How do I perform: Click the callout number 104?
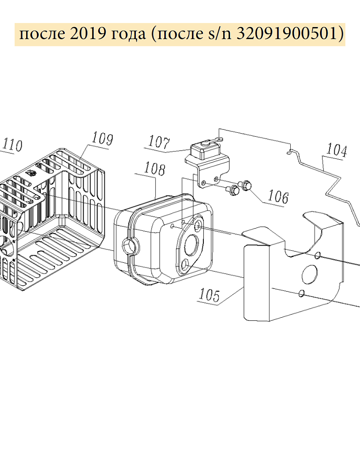click(x=337, y=150)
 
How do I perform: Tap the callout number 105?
click(x=209, y=295)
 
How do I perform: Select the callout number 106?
click(x=278, y=197)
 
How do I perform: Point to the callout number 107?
click(x=159, y=142)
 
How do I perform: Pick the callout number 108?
click(x=155, y=169)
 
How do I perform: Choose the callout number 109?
click(x=103, y=139)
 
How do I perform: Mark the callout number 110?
click(x=12, y=145)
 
